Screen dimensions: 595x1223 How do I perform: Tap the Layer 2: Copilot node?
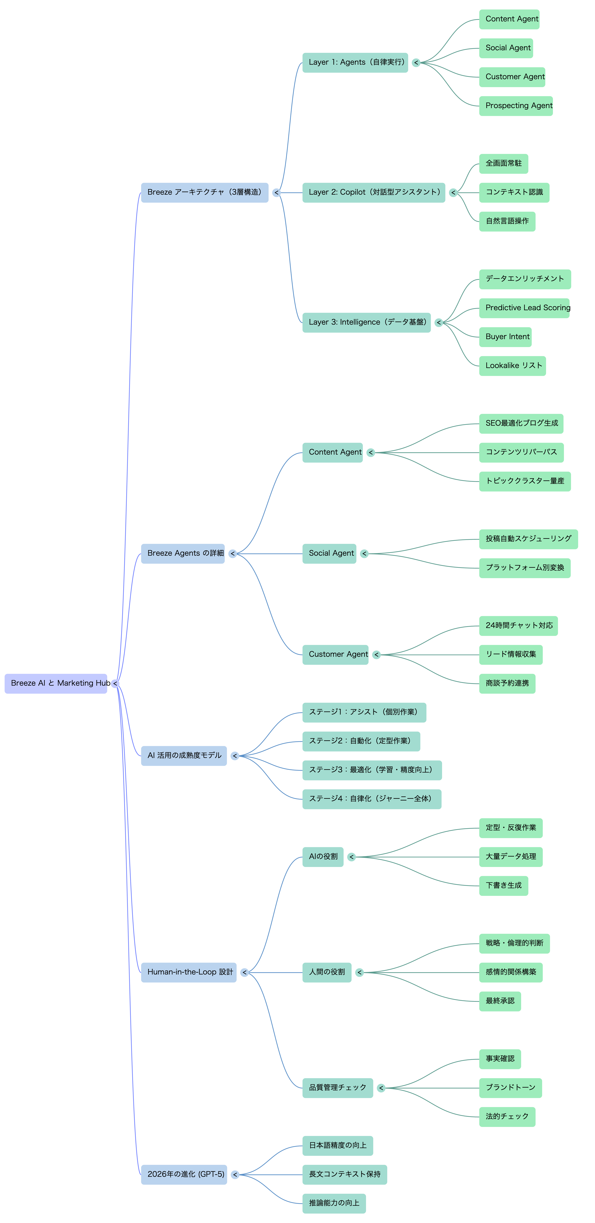(373, 192)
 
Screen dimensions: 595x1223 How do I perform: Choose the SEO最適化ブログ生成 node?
(521, 424)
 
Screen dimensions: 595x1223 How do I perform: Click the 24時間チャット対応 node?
(518, 626)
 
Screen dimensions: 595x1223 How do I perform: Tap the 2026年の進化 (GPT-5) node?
(184, 1175)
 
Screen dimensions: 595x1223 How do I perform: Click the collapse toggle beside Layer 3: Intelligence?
(439, 323)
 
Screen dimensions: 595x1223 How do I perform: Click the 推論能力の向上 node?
(334, 1203)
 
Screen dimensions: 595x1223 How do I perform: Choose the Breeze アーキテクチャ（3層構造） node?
(205, 192)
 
